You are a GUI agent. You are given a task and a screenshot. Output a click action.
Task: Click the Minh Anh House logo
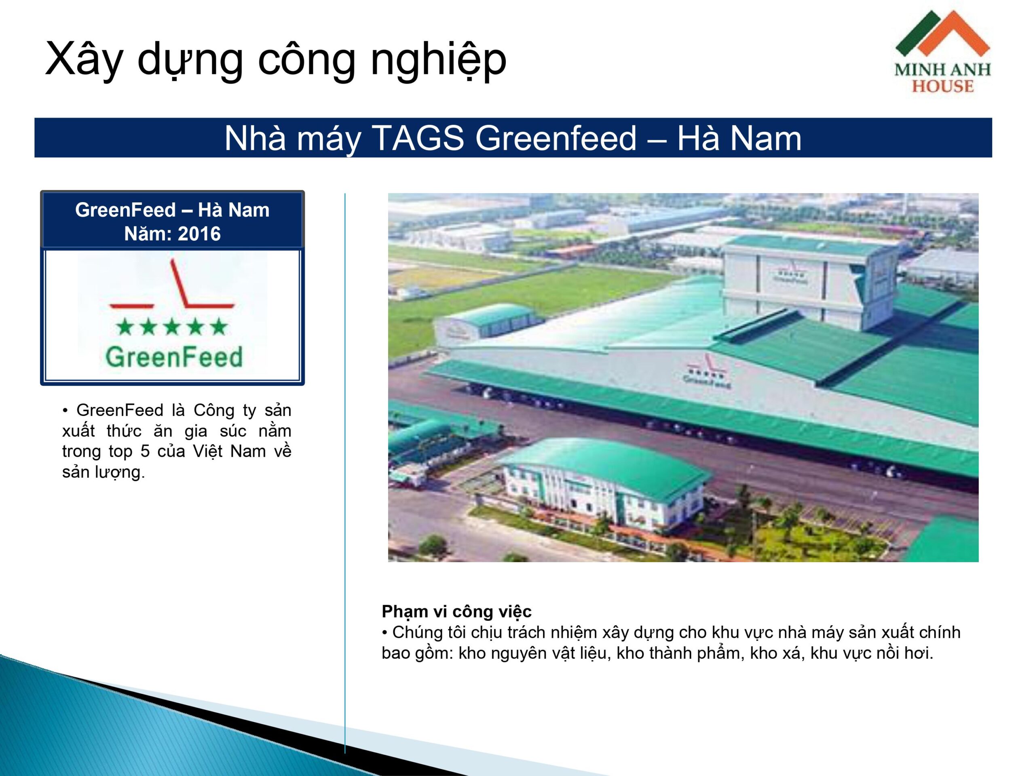coord(942,51)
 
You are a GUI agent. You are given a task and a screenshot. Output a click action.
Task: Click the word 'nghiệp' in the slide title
coord(438,60)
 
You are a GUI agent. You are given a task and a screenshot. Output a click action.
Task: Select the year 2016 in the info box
coord(199,234)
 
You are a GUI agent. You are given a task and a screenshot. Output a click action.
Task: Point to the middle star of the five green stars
coord(172,327)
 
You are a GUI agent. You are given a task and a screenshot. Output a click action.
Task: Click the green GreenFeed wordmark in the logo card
coord(174,357)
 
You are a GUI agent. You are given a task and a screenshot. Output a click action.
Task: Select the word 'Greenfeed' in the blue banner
coord(556,139)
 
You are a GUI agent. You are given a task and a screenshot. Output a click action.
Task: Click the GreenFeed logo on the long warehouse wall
coord(705,369)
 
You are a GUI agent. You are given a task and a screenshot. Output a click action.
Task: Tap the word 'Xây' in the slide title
coord(84,60)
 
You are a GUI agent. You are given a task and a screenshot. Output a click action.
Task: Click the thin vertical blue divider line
coord(345,473)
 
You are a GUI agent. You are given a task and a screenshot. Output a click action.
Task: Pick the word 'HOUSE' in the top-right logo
coord(943,86)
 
